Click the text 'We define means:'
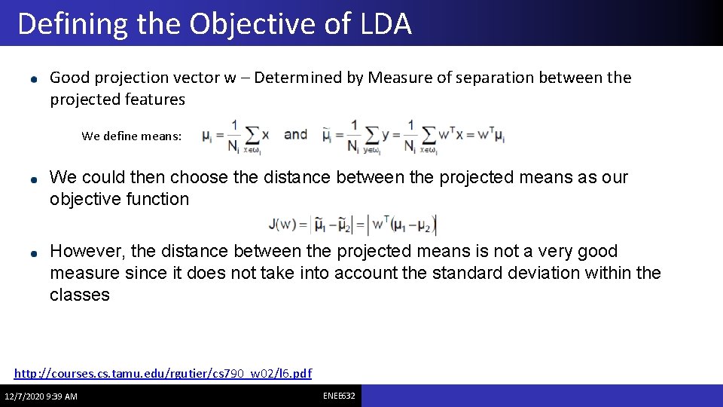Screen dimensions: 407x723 coord(131,136)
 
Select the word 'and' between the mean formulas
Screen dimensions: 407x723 coord(295,134)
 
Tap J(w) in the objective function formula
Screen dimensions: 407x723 coord(283,225)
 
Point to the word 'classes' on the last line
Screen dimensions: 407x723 coord(80,295)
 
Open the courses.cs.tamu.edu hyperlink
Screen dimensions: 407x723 coord(163,373)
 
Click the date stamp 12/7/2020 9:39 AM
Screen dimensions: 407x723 coord(41,396)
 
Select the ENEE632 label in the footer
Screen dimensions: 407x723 coord(339,396)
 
